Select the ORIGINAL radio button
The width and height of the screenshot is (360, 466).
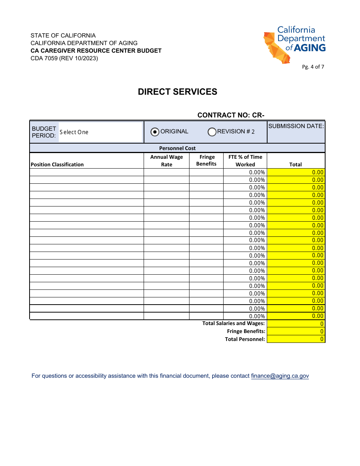(155, 132)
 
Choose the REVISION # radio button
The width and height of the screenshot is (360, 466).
(212, 132)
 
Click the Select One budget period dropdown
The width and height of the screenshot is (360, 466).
(100, 132)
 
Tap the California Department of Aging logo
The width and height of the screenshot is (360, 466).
(294, 45)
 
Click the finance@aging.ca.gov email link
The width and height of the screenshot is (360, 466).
(280, 376)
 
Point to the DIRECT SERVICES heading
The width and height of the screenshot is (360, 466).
(177, 92)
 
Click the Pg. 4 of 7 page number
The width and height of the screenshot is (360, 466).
(313, 67)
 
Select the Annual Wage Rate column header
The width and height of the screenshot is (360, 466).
(166, 161)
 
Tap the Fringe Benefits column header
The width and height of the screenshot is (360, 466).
(207, 160)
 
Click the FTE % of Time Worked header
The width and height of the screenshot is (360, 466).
(245, 161)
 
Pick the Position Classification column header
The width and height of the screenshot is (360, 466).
(57, 164)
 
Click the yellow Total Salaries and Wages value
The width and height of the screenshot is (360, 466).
(296, 324)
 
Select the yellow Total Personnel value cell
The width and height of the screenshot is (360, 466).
(296, 339)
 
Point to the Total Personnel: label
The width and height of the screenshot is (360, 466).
(245, 339)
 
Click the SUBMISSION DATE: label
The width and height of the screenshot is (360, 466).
(296, 126)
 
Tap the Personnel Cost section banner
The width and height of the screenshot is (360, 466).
(177, 148)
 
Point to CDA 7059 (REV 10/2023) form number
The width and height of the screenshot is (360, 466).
(64, 58)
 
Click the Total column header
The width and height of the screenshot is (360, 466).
(296, 164)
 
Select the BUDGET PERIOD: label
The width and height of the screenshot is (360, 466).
(44, 132)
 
